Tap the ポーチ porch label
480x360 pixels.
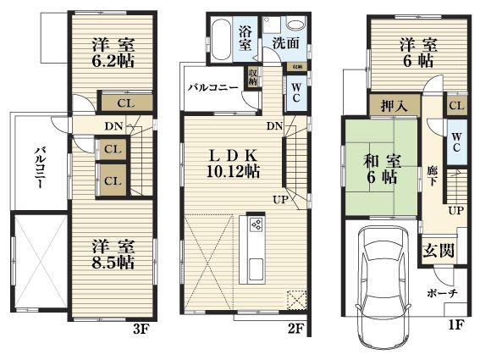[442, 292]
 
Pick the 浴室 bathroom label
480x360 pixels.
[245, 39]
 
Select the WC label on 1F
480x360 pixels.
[455, 141]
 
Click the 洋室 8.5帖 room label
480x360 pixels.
[113, 253]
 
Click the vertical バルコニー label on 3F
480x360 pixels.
[40, 169]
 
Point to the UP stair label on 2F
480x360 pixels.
[279, 200]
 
